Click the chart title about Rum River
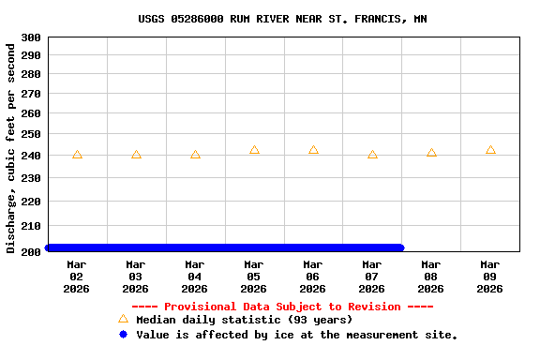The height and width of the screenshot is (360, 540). [282, 19]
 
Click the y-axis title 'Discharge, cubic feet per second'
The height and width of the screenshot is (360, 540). [11, 148]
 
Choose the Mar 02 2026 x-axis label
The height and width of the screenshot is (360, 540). [77, 277]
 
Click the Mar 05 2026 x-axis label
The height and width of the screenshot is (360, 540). [254, 277]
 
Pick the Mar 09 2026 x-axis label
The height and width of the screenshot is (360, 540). [490, 277]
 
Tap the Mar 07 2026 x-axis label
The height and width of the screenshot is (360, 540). [372, 277]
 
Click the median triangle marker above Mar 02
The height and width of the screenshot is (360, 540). [77, 155]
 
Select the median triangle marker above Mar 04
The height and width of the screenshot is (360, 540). [195, 155]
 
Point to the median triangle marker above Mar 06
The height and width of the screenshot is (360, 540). [313, 150]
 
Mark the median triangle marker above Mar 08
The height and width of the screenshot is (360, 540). [431, 153]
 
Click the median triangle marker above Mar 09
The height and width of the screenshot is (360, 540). [490, 150]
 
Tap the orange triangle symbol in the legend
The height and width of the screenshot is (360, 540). [123, 320]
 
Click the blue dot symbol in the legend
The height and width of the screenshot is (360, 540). [123, 335]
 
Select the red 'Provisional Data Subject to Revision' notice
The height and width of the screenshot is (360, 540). [282, 307]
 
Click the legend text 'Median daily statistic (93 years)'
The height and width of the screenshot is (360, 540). [244, 321]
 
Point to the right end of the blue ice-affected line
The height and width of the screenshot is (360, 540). [400, 247]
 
